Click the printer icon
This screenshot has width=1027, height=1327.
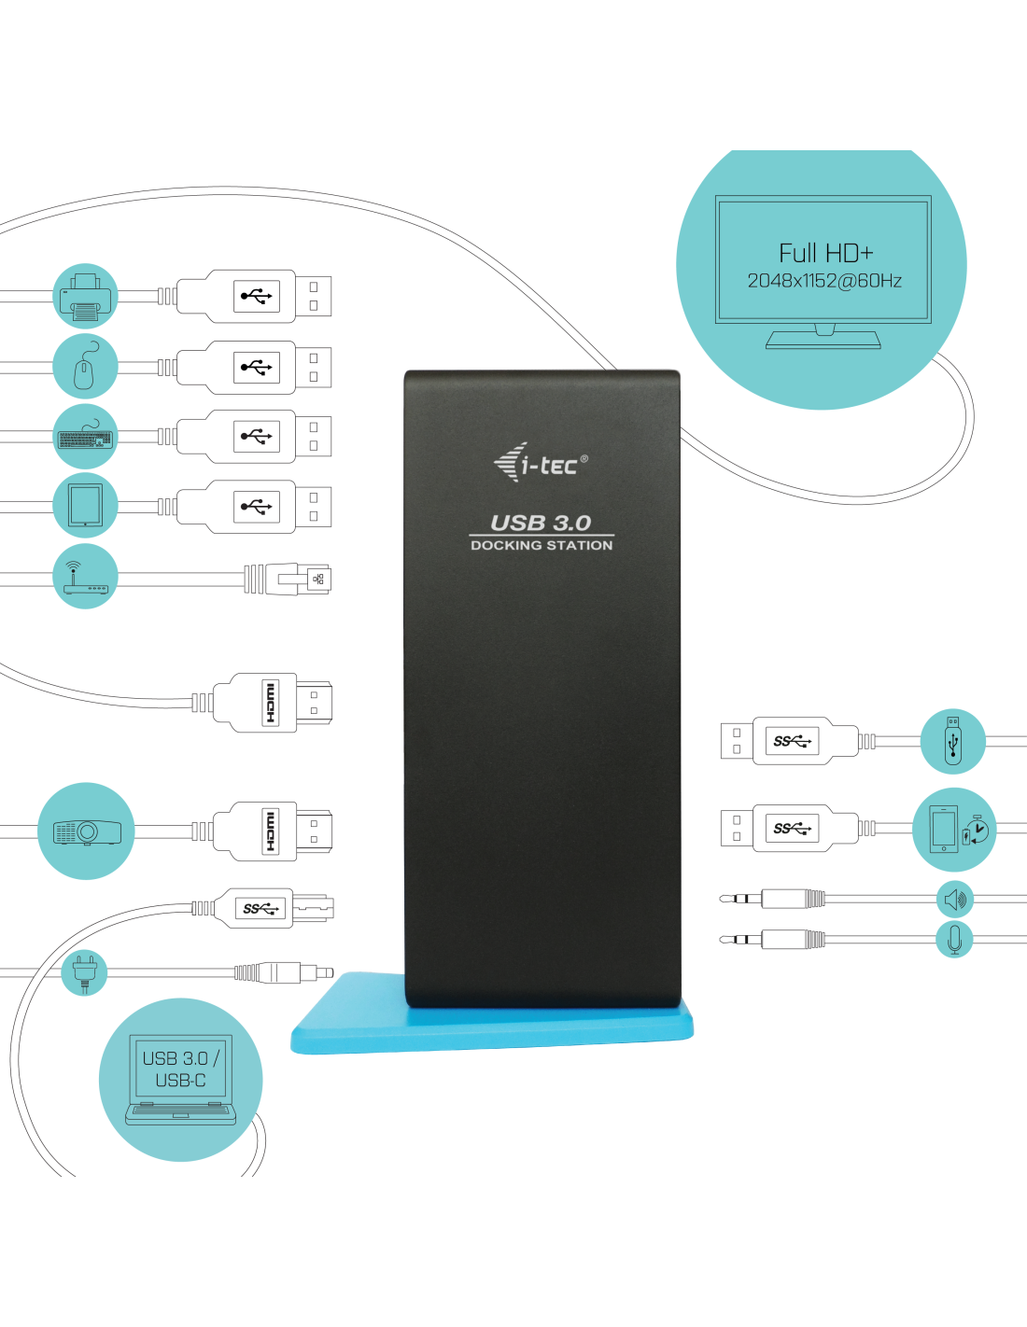coord(85,296)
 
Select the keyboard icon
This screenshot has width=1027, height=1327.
coord(85,436)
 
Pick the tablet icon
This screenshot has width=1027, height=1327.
coord(85,505)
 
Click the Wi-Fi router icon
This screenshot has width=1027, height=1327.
coord(85,577)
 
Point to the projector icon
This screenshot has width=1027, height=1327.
coord(87,831)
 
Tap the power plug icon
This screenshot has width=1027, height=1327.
coord(84,973)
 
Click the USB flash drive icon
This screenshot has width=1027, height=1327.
coord(952,741)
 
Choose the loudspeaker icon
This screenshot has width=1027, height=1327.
coord(955,900)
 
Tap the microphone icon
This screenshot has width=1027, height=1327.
coord(954,940)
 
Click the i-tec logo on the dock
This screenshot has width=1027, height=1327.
coord(541,463)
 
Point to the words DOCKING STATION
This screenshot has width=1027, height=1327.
coord(542,545)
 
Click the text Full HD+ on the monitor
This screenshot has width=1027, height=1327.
coord(825,253)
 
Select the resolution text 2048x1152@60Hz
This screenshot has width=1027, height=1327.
coord(824,281)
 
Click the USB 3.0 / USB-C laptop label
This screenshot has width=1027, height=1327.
coord(180,1069)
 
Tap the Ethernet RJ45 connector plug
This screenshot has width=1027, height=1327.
coord(288,579)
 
